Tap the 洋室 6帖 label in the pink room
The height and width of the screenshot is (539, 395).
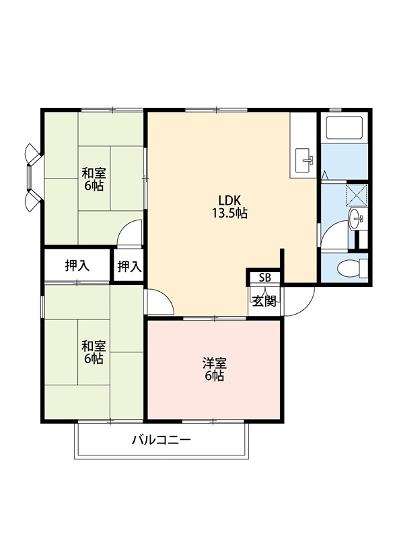pos(214,369)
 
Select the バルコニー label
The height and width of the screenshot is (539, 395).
pos(161,441)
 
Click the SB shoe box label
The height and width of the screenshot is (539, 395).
pos(265,278)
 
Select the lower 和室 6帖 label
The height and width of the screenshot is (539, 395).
pos(93,352)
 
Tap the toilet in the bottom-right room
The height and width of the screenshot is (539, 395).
pos(349,267)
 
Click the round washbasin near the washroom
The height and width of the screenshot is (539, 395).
pos(355,217)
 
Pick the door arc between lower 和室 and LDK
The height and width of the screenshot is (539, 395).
pos(159,302)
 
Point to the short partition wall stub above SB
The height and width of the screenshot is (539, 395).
pos(283,259)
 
